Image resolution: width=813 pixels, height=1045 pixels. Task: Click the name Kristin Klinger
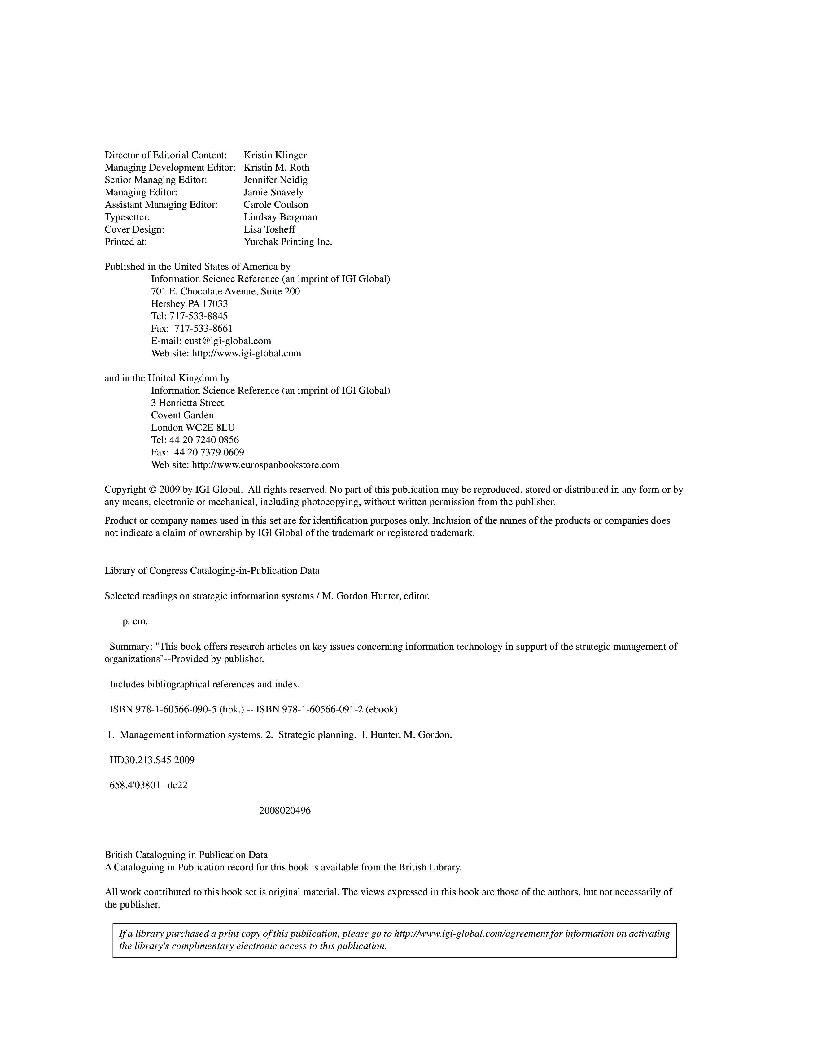275,155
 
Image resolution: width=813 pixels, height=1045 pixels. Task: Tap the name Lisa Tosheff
269,229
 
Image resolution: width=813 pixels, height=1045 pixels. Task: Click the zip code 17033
215,304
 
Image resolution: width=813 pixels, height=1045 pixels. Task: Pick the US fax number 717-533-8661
203,328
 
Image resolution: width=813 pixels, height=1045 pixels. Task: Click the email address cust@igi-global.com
228,341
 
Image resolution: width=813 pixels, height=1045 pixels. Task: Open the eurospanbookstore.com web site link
265,465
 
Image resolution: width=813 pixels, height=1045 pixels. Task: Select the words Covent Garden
182,415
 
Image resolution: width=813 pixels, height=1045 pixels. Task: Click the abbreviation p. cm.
135,621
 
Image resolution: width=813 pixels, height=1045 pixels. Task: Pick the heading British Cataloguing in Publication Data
186,855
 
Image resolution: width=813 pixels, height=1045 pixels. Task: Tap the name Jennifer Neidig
276,180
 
